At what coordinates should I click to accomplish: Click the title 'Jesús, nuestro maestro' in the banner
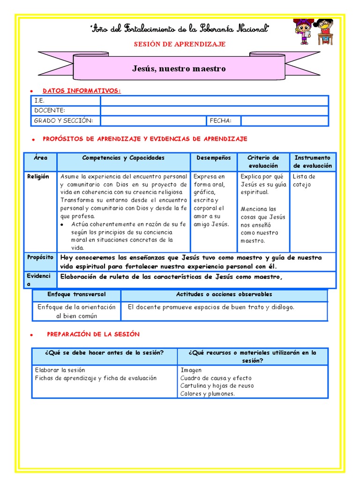tap(179, 69)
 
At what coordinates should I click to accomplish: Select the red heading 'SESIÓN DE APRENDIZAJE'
tap(180, 44)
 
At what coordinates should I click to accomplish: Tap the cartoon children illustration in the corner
tap(313, 32)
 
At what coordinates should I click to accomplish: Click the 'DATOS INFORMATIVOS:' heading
tap(82, 90)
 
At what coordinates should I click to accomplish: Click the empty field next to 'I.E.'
tap(214, 101)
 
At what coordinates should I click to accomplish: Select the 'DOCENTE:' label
tap(50, 111)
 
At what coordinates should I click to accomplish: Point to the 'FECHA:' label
tap(220, 121)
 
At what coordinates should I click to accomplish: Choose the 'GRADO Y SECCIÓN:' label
tap(64, 121)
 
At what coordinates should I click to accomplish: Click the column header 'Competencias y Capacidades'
tap(123, 158)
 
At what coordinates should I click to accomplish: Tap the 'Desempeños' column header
tap(213, 158)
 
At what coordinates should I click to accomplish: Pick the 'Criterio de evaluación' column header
tap(263, 162)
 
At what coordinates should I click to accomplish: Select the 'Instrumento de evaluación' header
tap(313, 162)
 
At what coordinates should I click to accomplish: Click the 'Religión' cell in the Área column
tap(38, 177)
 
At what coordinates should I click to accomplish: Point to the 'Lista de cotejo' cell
tap(304, 180)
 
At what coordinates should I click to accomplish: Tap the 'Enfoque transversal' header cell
tap(76, 294)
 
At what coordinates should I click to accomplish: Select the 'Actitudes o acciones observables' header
tap(224, 294)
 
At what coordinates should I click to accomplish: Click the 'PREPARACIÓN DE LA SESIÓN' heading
tap(93, 334)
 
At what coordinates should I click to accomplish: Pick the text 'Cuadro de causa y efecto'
tap(216, 378)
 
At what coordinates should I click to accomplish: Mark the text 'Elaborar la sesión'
tap(60, 370)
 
